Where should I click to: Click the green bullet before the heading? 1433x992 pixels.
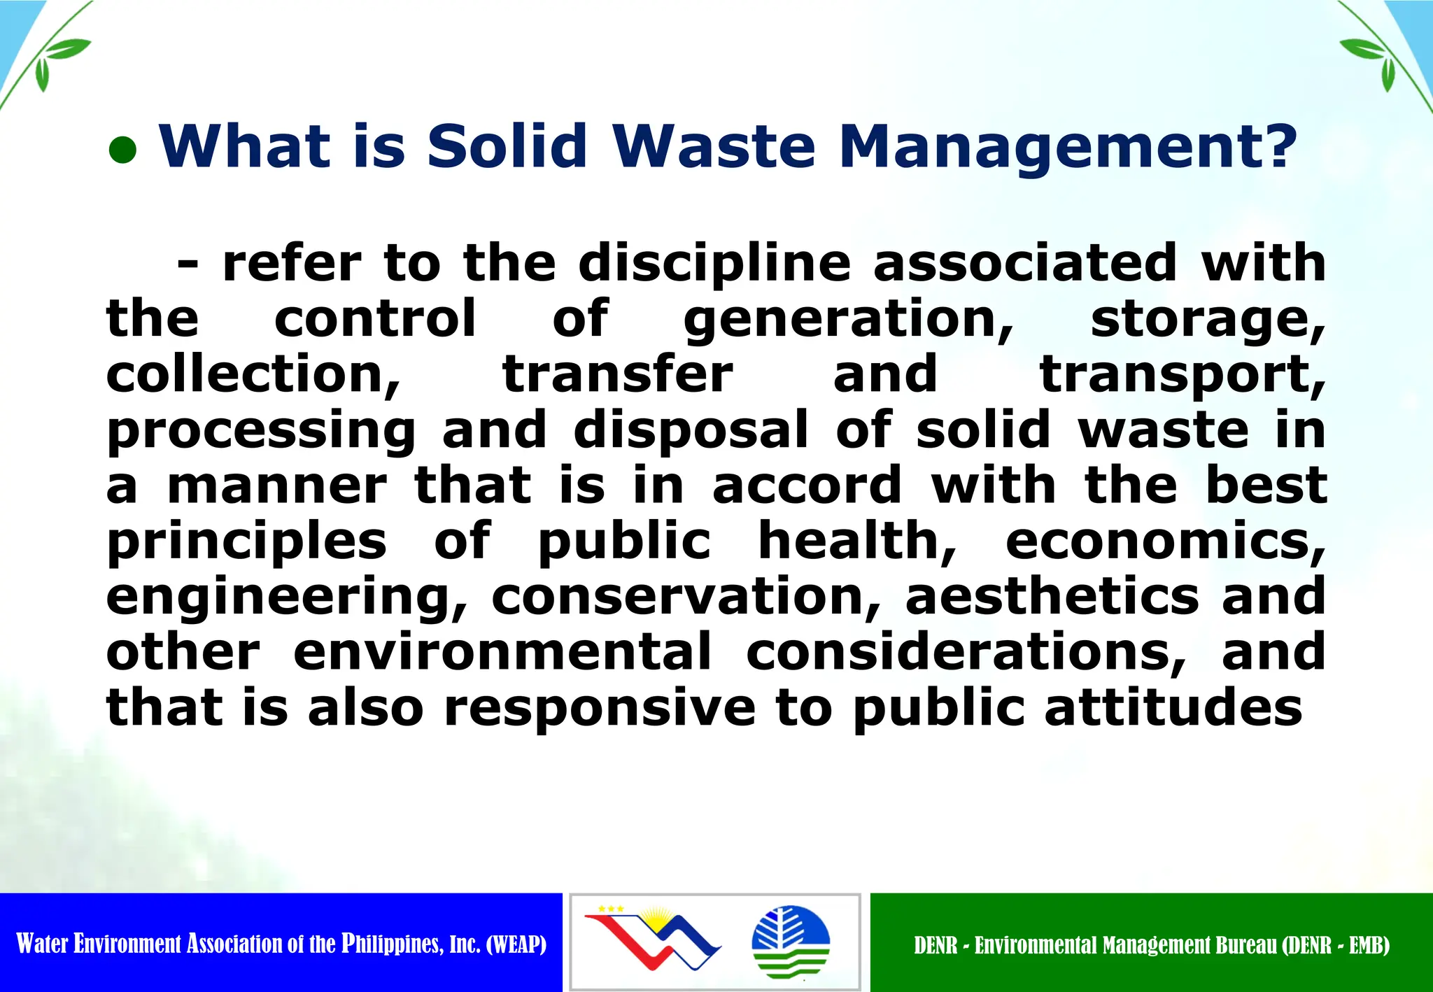(x=122, y=150)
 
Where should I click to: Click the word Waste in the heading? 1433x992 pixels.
(x=714, y=146)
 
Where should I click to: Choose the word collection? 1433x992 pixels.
(x=252, y=375)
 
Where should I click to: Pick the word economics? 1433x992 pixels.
(x=1164, y=541)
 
